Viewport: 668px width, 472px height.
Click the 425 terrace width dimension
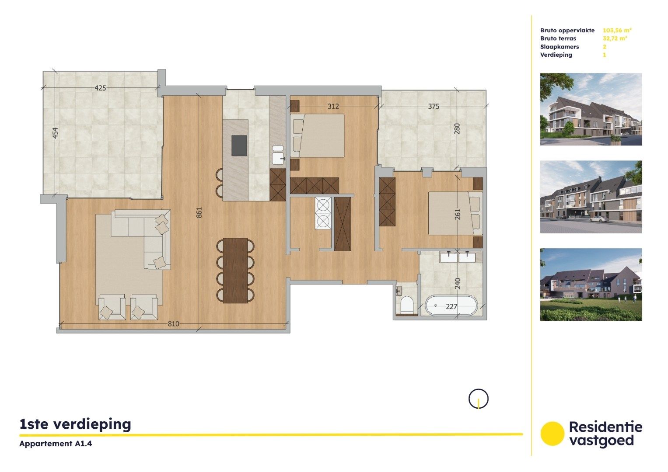click(100, 88)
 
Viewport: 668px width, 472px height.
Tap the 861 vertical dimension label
click(199, 212)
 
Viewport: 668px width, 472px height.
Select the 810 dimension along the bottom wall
click(173, 324)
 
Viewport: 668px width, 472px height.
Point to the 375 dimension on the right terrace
click(434, 106)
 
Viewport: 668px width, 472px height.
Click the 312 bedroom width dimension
click(333, 106)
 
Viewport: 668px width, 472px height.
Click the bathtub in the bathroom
click(451, 306)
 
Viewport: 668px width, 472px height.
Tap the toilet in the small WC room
click(407, 304)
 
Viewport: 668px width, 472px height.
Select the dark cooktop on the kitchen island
click(239, 146)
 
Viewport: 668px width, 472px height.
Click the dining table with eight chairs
click(235, 271)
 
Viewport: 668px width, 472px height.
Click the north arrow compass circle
click(478, 399)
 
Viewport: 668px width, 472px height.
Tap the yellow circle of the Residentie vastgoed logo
click(552, 434)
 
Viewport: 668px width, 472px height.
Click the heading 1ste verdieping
click(75, 424)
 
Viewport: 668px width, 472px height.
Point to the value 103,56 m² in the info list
click(617, 30)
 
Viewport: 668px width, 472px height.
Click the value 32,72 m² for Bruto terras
click(615, 38)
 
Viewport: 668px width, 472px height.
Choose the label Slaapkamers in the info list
click(560, 47)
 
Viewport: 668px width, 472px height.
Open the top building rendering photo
click(591, 109)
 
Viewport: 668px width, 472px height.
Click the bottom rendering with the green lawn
click(591, 285)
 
